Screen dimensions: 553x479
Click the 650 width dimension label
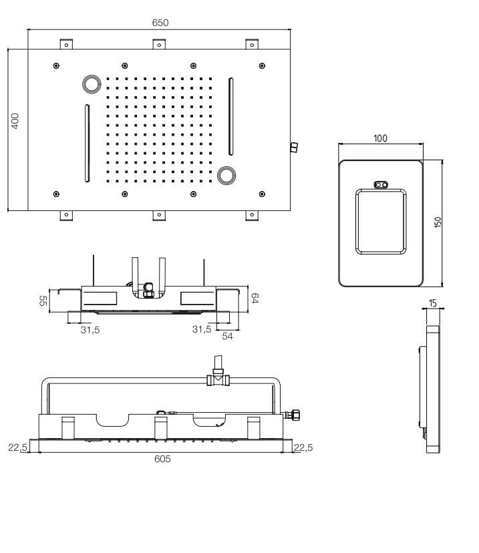pyautogui.click(x=160, y=22)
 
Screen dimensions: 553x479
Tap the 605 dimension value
pyautogui.click(x=162, y=459)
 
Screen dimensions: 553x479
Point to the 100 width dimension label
pyautogui.click(x=380, y=138)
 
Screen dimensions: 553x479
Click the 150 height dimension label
pyautogui.click(x=438, y=222)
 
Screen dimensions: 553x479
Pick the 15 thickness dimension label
pyautogui.click(x=433, y=303)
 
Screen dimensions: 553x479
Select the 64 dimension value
pyautogui.click(x=254, y=298)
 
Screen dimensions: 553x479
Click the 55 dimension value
pyautogui.click(x=43, y=301)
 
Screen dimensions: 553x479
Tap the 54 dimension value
pyautogui.click(x=227, y=337)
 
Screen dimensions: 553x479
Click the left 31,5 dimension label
pyautogui.click(x=90, y=329)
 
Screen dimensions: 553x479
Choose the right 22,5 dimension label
pyautogui.click(x=303, y=447)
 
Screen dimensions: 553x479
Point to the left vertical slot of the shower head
pyautogui.click(x=88, y=142)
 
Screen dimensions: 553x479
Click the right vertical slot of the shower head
pyautogui.click(x=231, y=116)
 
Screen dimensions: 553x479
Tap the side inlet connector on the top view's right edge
pyautogui.click(x=294, y=147)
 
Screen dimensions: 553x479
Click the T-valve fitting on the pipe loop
pyautogui.click(x=218, y=379)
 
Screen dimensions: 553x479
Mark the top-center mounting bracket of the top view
pyautogui.click(x=159, y=44)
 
